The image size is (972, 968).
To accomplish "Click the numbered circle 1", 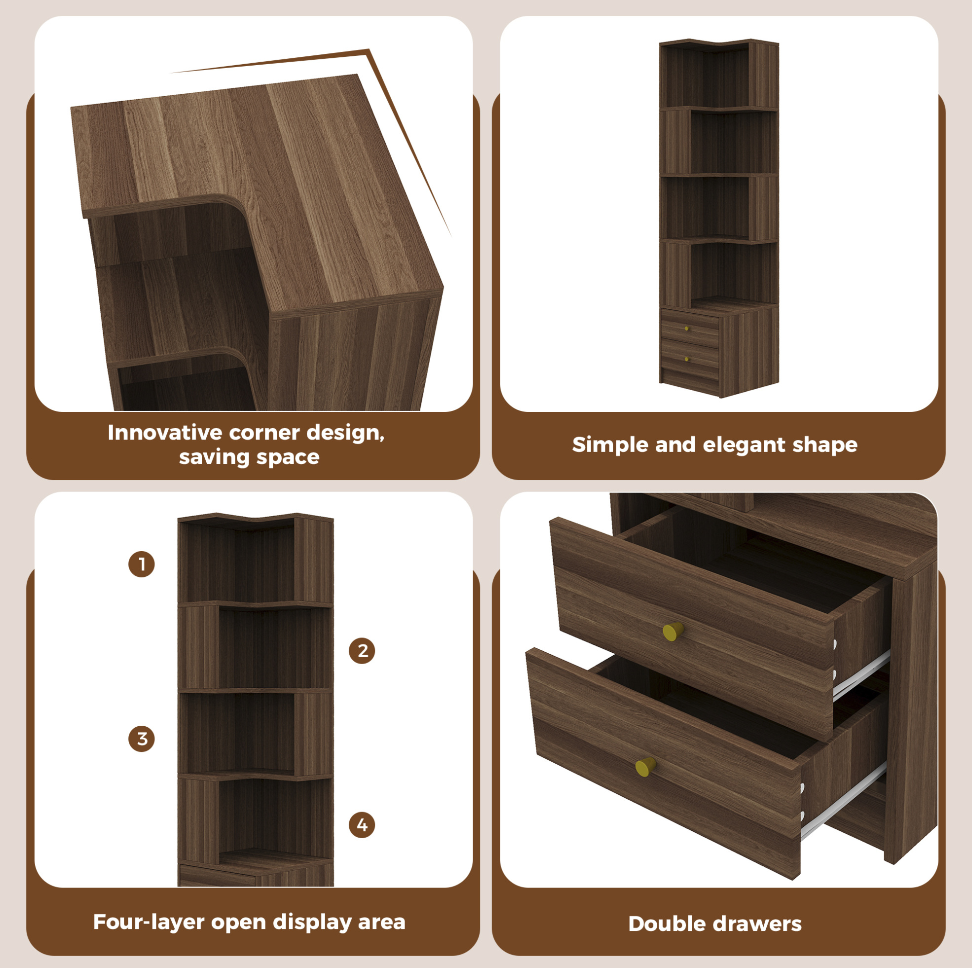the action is (x=142, y=564).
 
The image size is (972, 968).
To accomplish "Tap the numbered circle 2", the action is (x=362, y=651).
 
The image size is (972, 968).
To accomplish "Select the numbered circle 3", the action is (x=142, y=739).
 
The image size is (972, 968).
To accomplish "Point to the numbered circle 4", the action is (x=362, y=824).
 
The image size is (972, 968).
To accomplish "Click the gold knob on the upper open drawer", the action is (x=673, y=632).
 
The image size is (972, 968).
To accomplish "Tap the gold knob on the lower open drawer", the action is (x=645, y=767).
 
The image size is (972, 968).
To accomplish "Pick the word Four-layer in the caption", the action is (x=149, y=922).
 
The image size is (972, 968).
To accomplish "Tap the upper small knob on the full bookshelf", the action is (x=687, y=329).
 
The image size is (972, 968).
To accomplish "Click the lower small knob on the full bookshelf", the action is (x=687, y=359).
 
